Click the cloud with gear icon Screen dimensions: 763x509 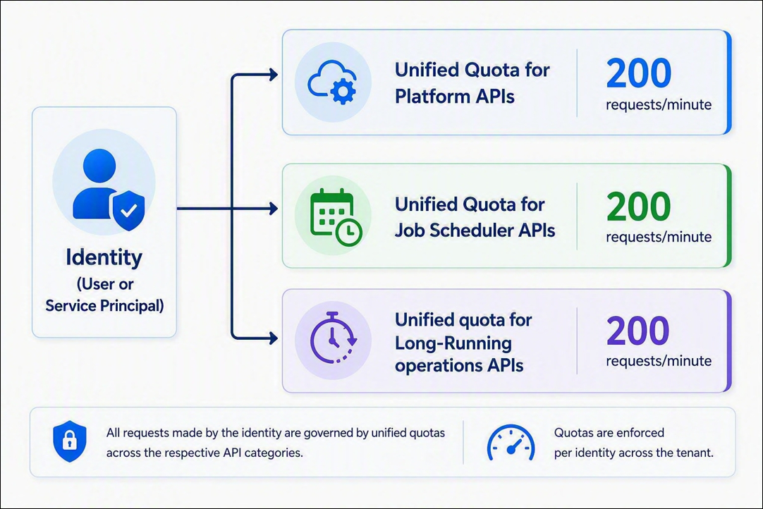click(x=332, y=82)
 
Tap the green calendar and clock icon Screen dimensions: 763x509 click(x=336, y=217)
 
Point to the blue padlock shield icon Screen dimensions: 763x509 click(x=70, y=441)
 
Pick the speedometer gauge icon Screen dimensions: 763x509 click(x=511, y=442)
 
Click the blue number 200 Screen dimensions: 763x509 click(x=638, y=73)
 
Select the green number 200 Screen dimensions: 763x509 click(x=638, y=207)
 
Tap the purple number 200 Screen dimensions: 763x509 click(x=638, y=331)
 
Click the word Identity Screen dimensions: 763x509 click(x=104, y=257)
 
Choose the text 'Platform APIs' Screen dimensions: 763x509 click(x=455, y=96)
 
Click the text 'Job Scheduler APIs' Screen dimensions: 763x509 click(x=475, y=230)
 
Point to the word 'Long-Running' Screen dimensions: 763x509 click(x=453, y=343)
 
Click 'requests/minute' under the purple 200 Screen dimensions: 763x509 click(x=659, y=361)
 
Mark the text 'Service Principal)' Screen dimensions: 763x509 click(x=104, y=305)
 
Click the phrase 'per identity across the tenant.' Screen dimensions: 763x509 click(x=633, y=453)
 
